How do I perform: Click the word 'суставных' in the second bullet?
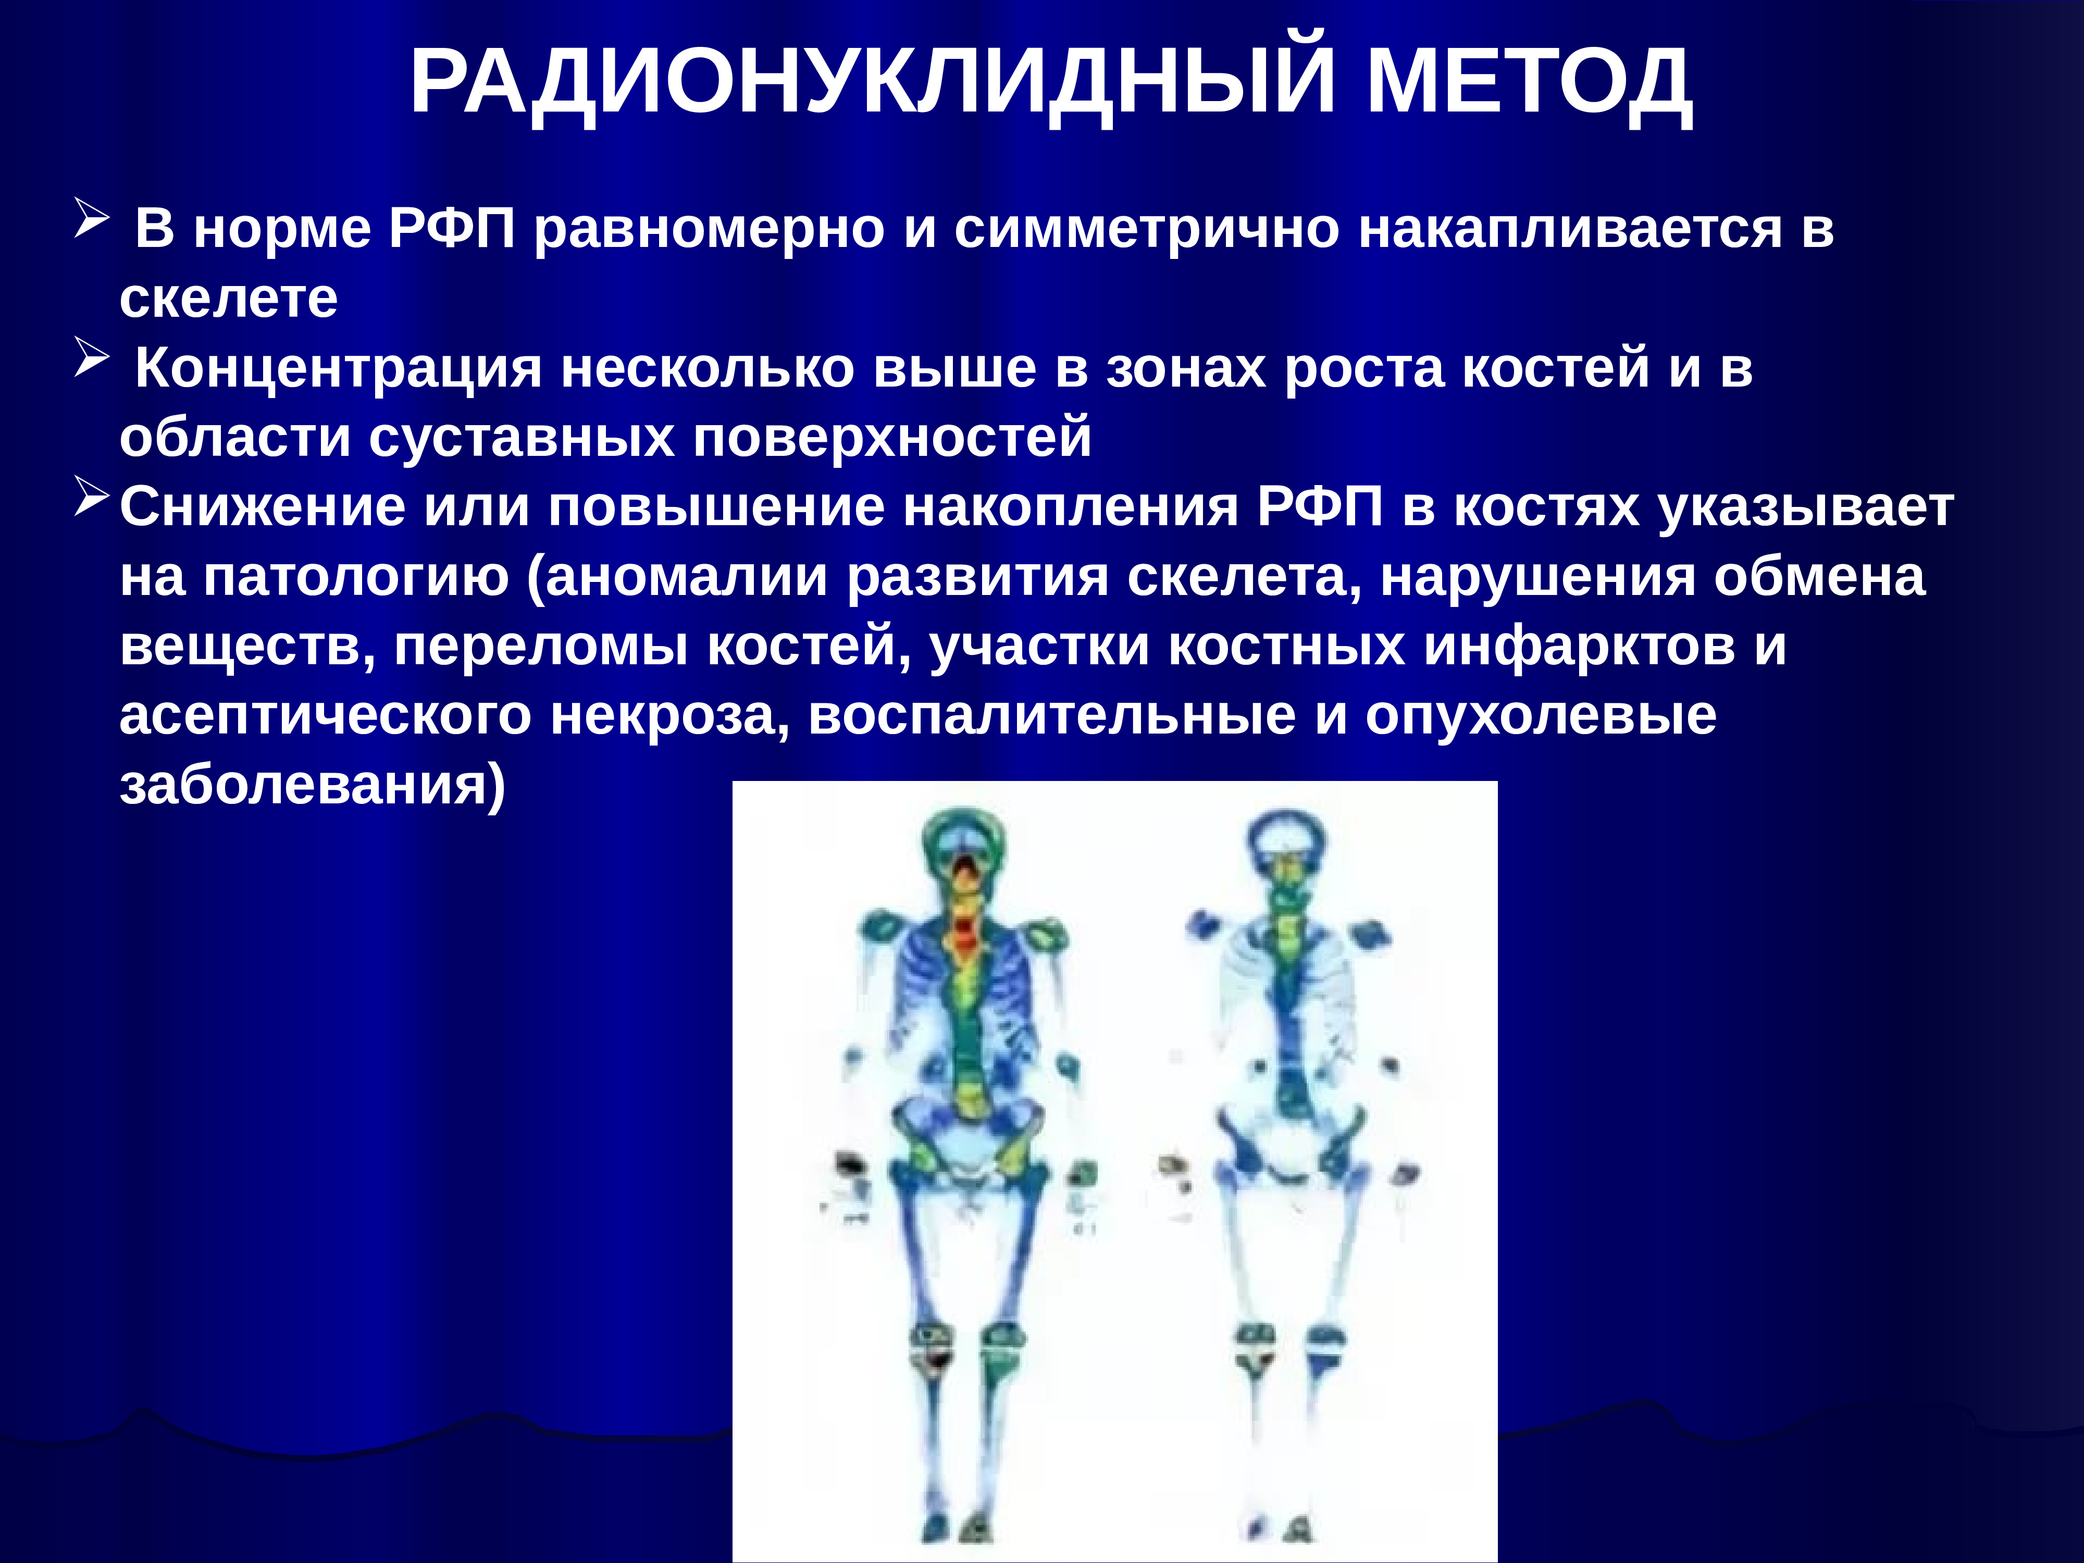(521, 438)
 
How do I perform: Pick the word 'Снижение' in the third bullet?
(262, 508)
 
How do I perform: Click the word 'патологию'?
(356, 577)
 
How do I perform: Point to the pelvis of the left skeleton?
(966, 1145)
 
